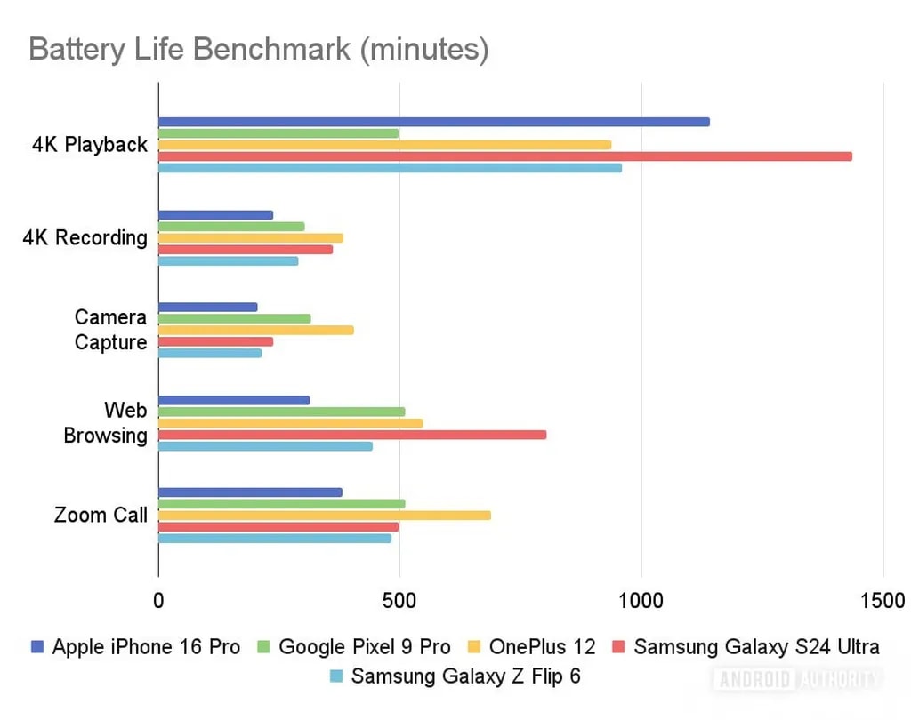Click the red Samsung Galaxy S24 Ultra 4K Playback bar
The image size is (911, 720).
click(504, 156)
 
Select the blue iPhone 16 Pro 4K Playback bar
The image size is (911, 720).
click(433, 122)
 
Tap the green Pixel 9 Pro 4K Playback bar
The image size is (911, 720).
click(278, 133)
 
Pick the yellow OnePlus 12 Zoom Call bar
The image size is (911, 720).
click(324, 516)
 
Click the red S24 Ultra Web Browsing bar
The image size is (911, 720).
click(351, 435)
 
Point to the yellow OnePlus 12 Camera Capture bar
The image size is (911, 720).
click(255, 331)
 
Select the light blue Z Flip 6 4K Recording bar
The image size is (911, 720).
click(228, 261)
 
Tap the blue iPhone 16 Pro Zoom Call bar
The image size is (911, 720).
click(250, 492)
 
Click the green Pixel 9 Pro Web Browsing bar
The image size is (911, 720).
click(281, 412)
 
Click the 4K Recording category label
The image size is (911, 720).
click(85, 238)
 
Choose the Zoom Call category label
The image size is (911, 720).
click(101, 516)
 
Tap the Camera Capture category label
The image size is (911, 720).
click(110, 330)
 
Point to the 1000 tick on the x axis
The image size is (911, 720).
click(641, 601)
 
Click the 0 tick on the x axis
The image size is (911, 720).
click(158, 601)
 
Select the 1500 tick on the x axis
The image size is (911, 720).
click(883, 601)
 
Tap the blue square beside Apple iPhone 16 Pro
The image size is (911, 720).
click(36, 647)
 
